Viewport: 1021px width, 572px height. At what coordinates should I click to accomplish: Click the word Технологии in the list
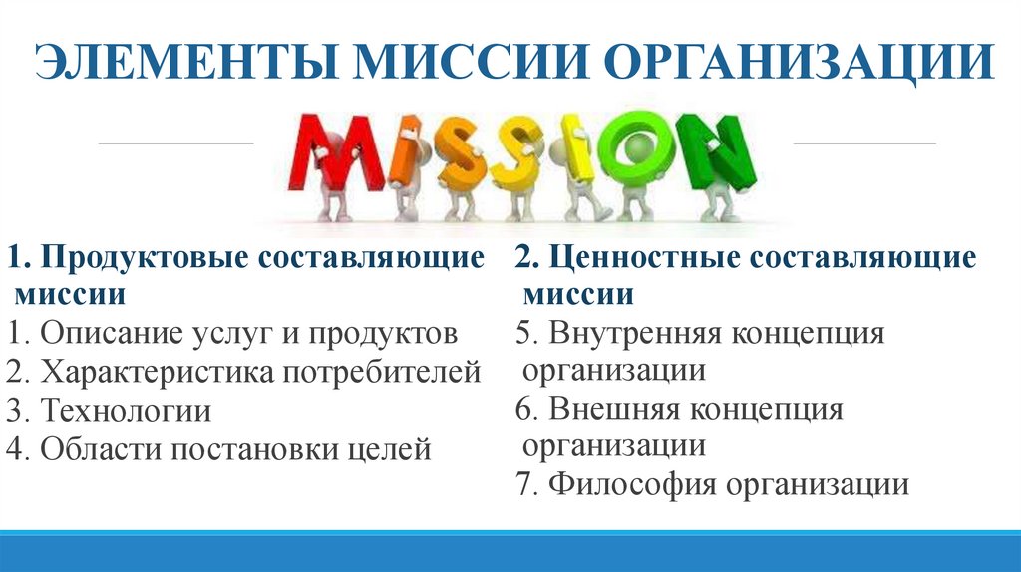(126, 411)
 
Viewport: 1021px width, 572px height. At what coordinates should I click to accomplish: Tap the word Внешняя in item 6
(615, 409)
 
